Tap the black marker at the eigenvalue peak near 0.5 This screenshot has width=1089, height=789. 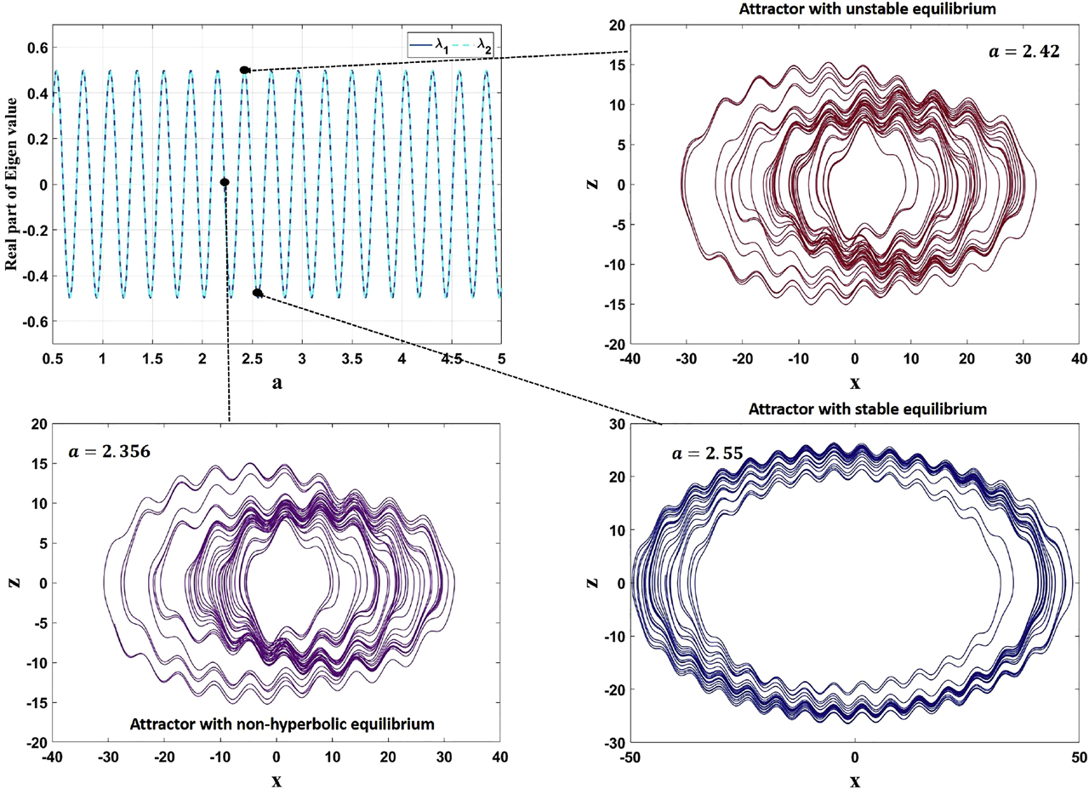click(244, 70)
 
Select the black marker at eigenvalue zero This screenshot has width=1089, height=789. click(225, 182)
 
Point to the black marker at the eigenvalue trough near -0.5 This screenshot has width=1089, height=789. click(257, 293)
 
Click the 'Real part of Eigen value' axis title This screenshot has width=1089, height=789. click(12, 184)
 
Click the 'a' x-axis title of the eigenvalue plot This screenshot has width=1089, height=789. click(277, 383)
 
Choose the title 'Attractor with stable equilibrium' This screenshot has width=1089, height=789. click(868, 409)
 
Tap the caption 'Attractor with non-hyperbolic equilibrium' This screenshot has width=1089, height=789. click(282, 723)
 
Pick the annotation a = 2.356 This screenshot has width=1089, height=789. click(109, 451)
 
